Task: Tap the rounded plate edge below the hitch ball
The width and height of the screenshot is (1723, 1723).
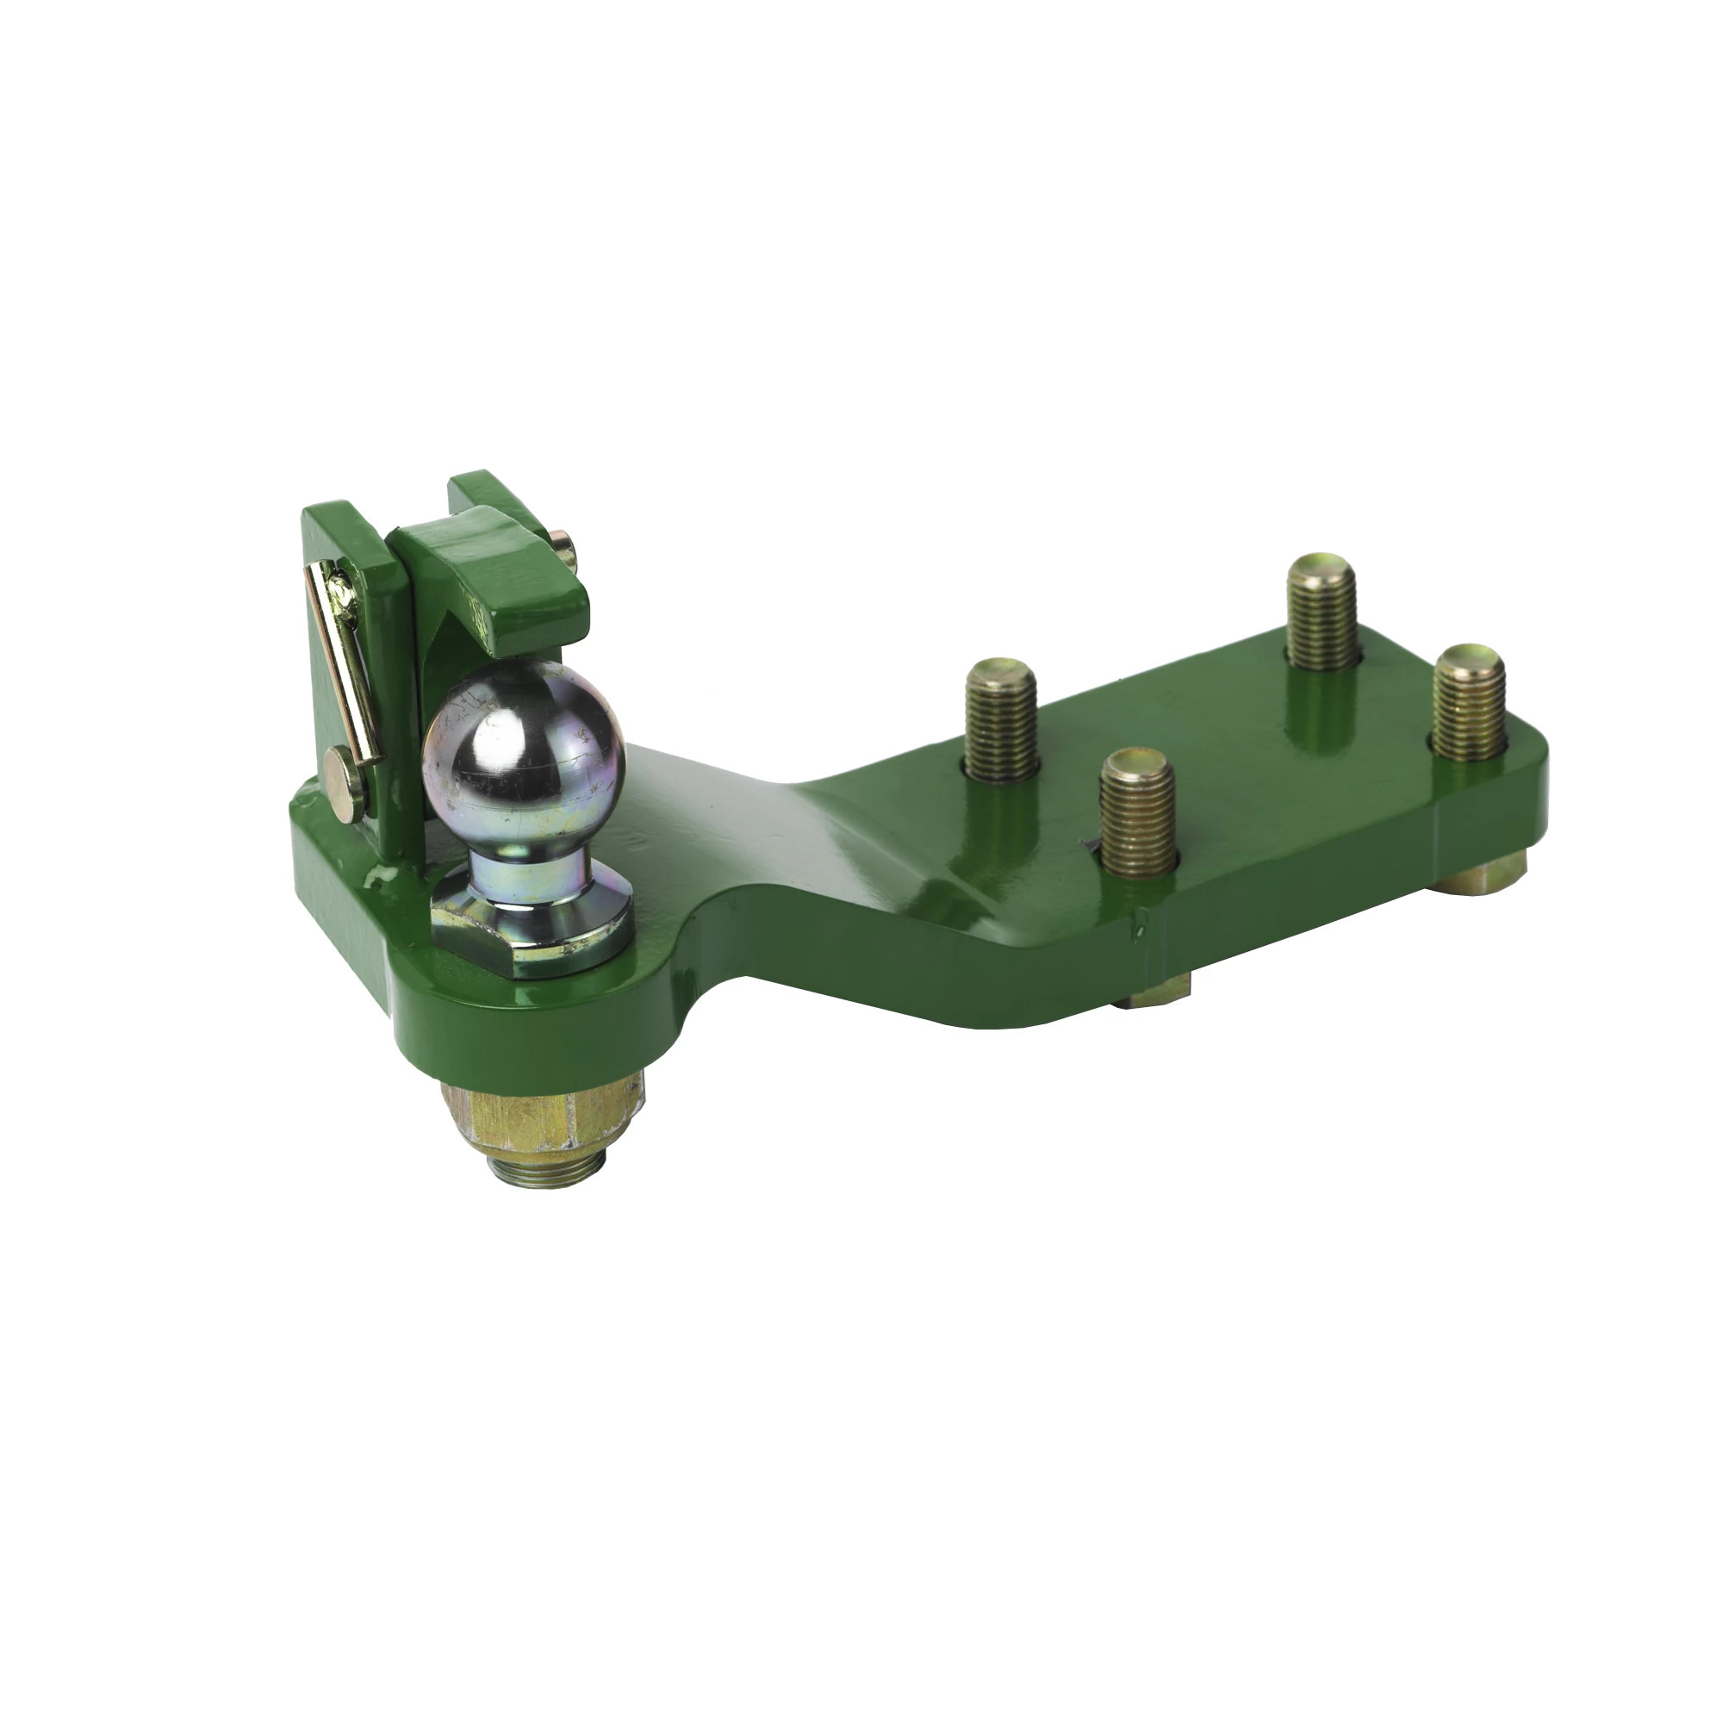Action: click(535, 1017)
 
